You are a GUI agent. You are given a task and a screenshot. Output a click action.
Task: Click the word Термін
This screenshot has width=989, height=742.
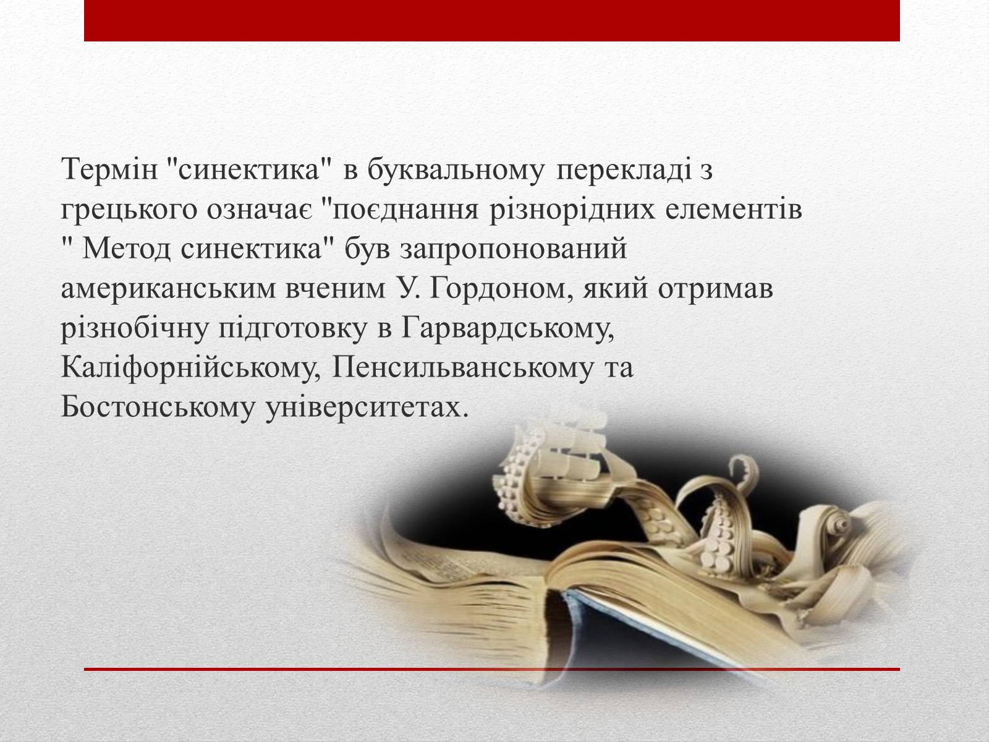[x=109, y=169]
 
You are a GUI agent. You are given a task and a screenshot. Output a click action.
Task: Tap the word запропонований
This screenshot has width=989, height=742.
[x=513, y=249]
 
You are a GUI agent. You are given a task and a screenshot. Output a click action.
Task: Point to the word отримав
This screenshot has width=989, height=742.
[x=716, y=289]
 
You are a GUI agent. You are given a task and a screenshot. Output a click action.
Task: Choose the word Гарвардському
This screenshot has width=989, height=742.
[x=507, y=328]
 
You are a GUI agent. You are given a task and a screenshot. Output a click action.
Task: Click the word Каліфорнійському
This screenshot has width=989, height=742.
[x=191, y=368]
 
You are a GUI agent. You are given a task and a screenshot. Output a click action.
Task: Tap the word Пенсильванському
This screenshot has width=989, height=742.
[x=463, y=368]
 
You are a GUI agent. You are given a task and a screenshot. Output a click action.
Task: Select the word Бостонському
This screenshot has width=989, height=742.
[x=158, y=407]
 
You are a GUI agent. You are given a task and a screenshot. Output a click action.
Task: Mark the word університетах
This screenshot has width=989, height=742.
[x=367, y=407]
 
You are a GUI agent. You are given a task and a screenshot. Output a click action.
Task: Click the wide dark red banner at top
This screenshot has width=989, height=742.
[x=492, y=21]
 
